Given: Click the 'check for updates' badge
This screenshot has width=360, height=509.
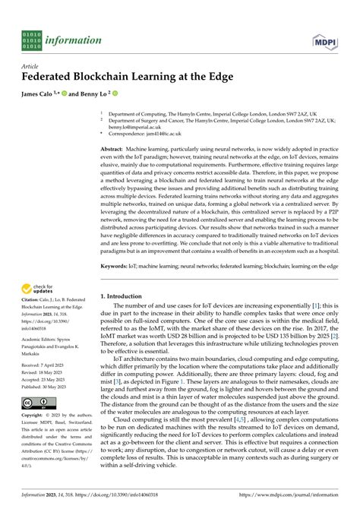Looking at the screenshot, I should [38, 289].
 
